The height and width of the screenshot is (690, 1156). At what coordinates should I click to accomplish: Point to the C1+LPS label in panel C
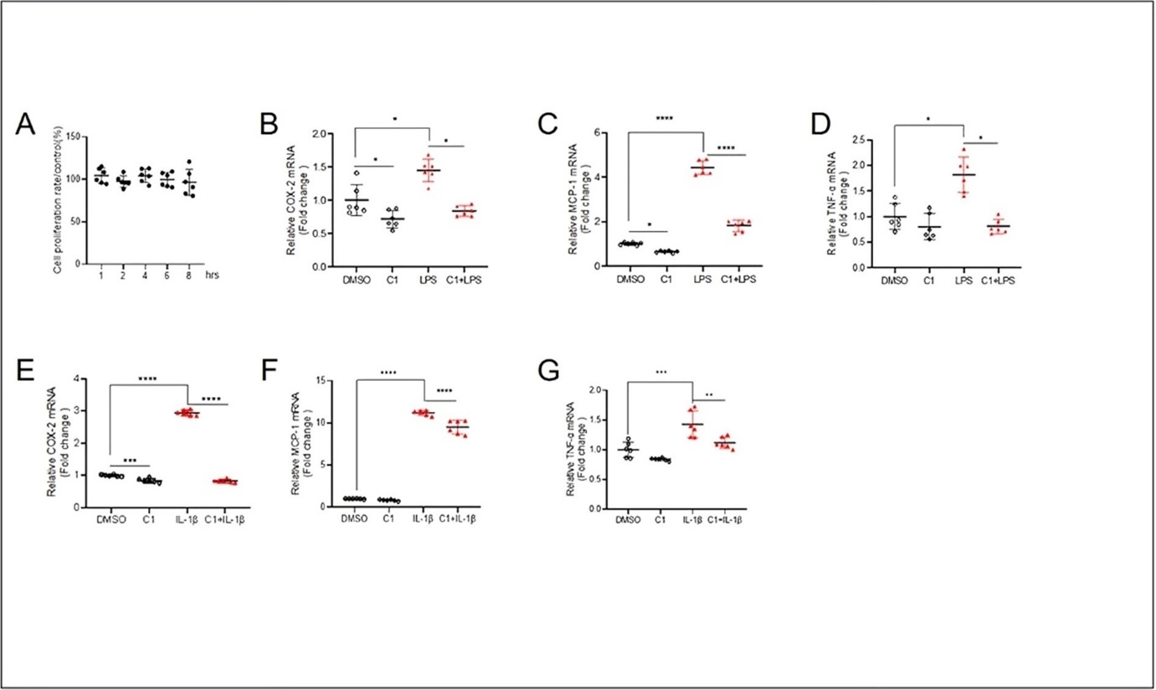click(x=737, y=278)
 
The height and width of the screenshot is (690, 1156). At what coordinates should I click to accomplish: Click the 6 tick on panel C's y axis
click(x=614, y=132)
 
